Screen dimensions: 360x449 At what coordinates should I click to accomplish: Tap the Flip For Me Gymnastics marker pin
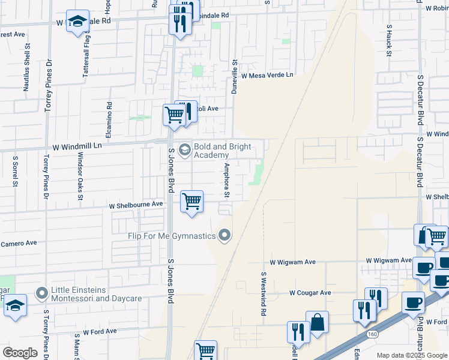[x=225, y=235]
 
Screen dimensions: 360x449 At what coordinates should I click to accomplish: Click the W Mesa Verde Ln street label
[x=267, y=76]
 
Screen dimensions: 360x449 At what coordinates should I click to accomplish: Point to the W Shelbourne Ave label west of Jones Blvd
[x=136, y=205]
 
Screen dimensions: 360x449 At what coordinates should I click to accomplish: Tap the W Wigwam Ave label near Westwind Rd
[x=292, y=262]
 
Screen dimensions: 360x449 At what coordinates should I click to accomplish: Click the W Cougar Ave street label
[x=310, y=293]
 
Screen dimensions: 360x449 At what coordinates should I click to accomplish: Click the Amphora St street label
[x=227, y=179]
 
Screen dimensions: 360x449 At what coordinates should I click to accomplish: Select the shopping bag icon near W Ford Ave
[x=317, y=322]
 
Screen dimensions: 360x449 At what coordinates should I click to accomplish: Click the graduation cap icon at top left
[x=77, y=22]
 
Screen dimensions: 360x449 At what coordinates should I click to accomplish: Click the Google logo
[x=20, y=352]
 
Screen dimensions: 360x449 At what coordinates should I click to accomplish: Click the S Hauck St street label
[x=389, y=41]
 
